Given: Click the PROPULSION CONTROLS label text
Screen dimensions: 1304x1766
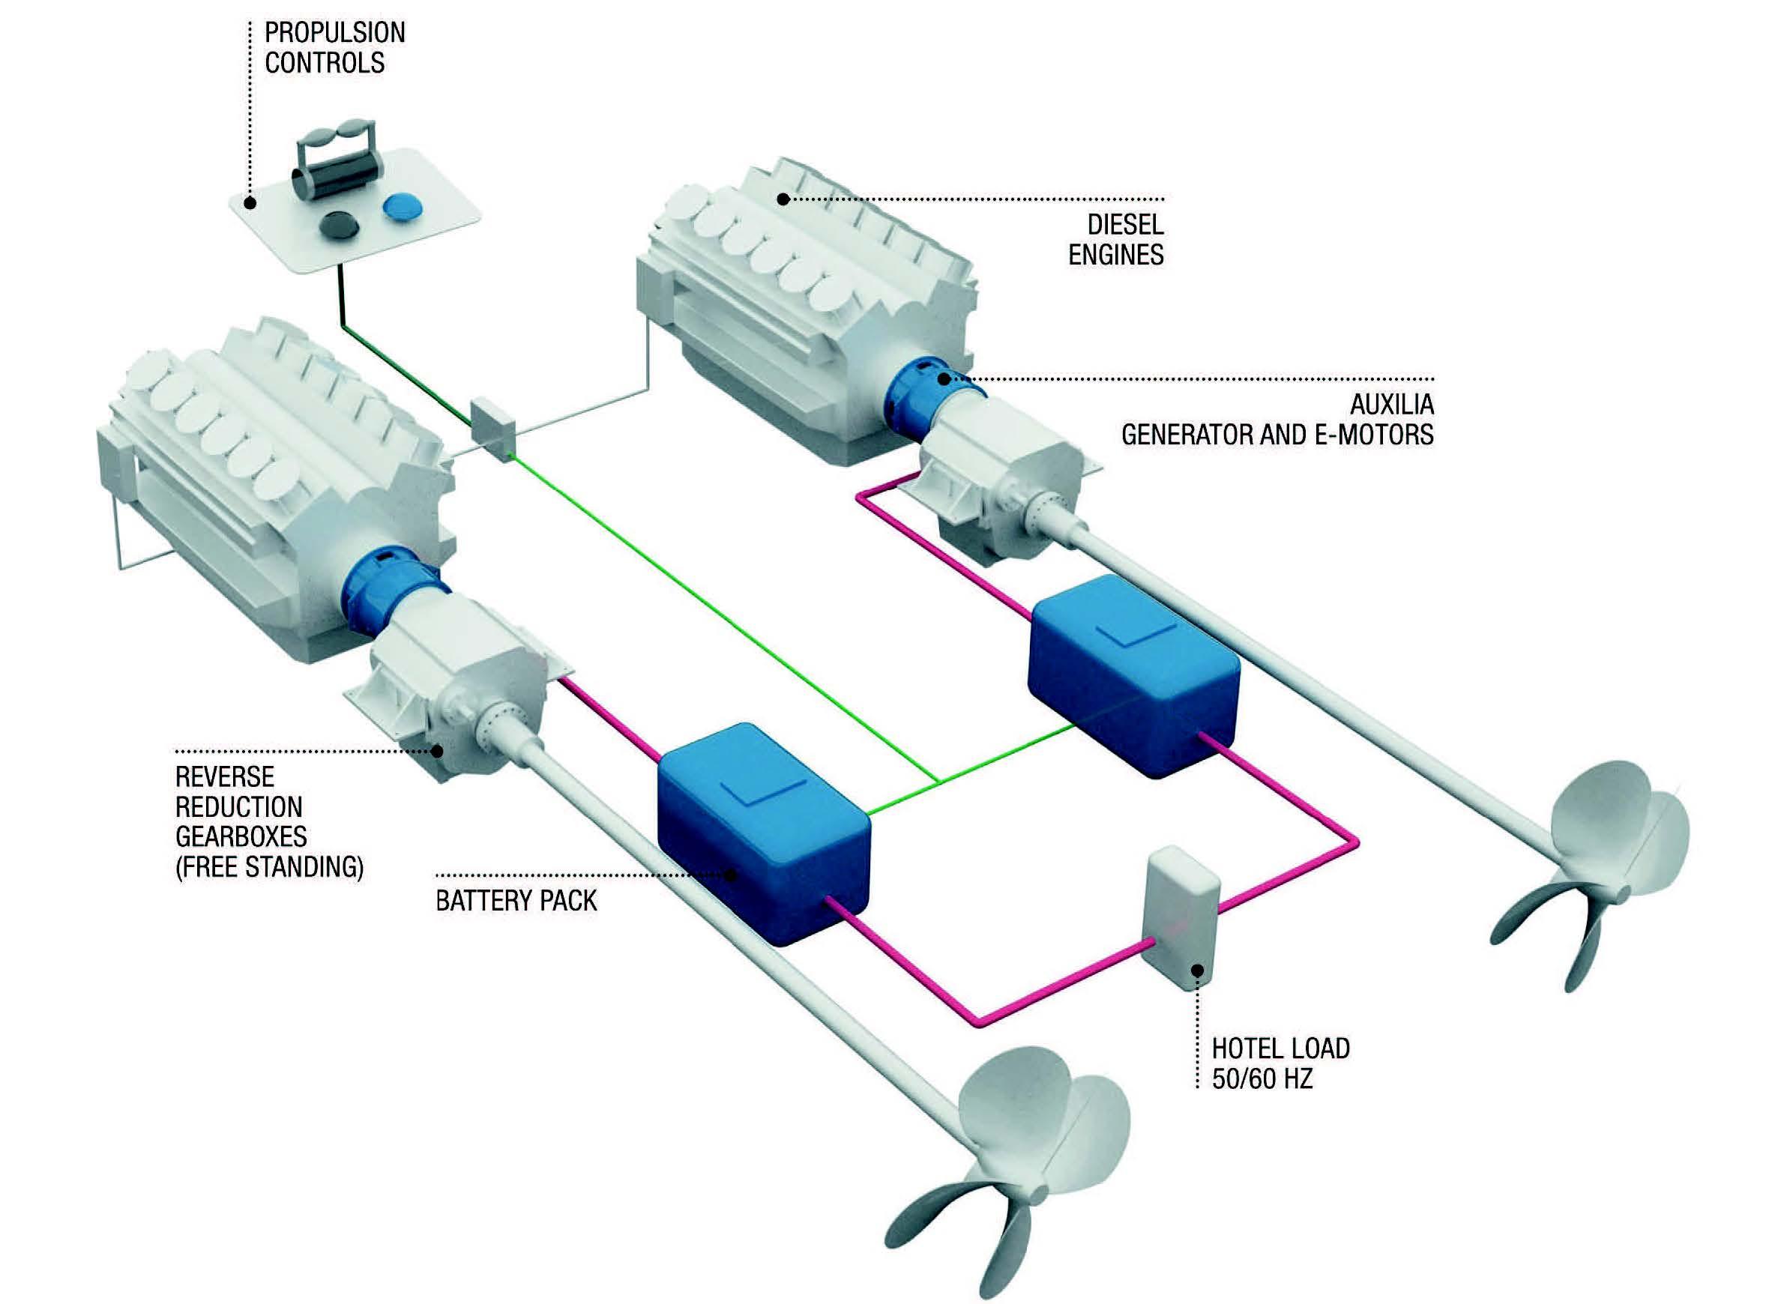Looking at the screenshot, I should pyautogui.click(x=334, y=47).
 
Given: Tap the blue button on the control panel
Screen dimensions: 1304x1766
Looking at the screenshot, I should pyautogui.click(x=403, y=207).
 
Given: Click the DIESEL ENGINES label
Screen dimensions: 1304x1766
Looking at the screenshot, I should pyautogui.click(x=1115, y=240).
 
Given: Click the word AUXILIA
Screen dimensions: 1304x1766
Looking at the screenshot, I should pyautogui.click(x=1391, y=405).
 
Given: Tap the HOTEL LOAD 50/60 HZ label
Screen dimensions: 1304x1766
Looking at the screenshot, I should pyautogui.click(x=1280, y=1063).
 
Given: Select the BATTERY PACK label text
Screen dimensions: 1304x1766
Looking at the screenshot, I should pyautogui.click(x=516, y=901).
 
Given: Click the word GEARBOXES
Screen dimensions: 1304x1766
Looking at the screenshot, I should pyautogui.click(x=241, y=836).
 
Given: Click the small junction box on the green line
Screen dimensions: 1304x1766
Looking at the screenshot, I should pyautogui.click(x=492, y=430).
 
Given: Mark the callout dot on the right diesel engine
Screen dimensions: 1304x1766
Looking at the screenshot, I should pyautogui.click(x=783, y=199).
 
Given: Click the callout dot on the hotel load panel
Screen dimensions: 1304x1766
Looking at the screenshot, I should pyautogui.click(x=1198, y=970).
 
